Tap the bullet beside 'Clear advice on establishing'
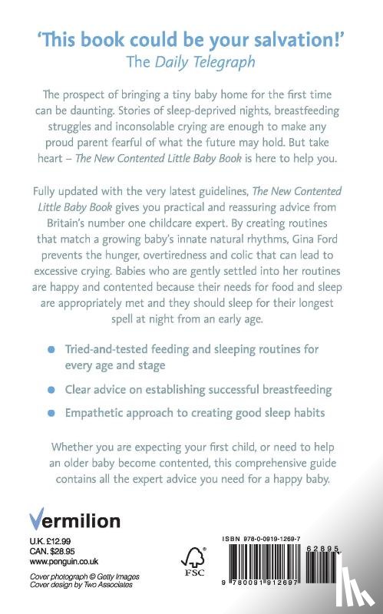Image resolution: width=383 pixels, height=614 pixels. click(x=51, y=390)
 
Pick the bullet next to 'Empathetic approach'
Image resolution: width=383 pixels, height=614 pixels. click(x=51, y=414)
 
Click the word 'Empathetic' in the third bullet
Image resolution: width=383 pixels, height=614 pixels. click(x=104, y=414)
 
